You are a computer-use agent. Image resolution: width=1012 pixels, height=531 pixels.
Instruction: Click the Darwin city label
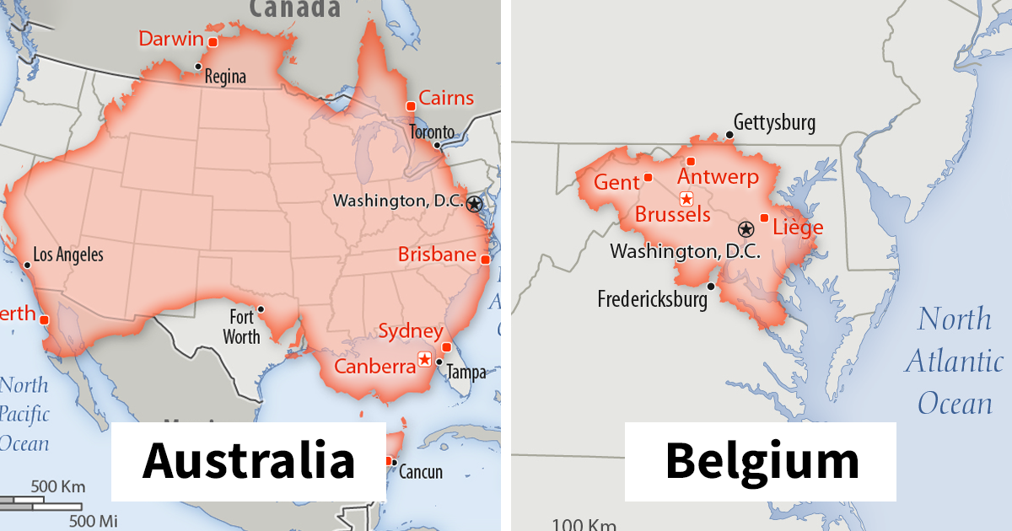(171, 39)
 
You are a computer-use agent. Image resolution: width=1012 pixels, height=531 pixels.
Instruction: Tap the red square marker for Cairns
(411, 106)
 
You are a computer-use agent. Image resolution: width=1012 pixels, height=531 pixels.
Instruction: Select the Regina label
(225, 78)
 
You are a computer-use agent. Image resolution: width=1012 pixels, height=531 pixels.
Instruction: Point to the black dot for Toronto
(437, 145)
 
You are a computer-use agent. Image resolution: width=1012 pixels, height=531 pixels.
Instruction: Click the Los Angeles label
(67, 255)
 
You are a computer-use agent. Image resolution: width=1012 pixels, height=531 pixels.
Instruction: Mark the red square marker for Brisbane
(485, 260)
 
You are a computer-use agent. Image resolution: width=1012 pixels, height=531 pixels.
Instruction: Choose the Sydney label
(410, 330)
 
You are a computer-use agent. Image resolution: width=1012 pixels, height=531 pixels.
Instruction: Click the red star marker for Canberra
(424, 359)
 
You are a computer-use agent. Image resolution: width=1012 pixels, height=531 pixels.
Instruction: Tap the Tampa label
(466, 373)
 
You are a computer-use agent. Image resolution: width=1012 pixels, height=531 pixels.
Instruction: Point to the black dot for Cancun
(394, 462)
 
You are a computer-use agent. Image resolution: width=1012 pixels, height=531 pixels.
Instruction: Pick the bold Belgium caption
(762, 461)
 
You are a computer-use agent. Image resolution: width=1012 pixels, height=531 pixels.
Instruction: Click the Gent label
(616, 183)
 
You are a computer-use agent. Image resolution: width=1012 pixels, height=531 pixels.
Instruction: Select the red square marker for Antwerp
(691, 161)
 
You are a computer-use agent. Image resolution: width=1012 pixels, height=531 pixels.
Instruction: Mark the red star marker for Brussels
(686, 199)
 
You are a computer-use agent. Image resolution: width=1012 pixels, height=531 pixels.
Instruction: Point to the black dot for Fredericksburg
(712, 287)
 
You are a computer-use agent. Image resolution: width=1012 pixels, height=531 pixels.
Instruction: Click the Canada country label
(294, 8)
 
